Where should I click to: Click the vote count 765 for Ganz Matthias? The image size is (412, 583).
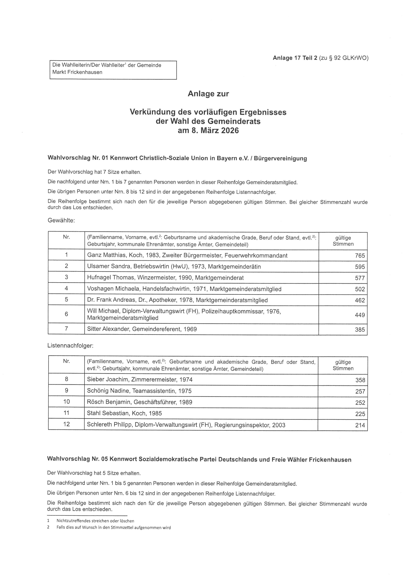(x=360, y=256)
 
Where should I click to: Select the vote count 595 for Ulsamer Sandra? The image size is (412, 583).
(x=360, y=267)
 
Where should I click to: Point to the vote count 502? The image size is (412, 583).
(x=360, y=289)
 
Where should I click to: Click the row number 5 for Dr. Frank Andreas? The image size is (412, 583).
(x=66, y=300)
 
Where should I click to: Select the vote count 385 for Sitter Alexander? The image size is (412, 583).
(x=360, y=330)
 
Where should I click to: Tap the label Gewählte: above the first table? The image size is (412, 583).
(x=61, y=220)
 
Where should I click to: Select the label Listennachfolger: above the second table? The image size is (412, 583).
(x=70, y=346)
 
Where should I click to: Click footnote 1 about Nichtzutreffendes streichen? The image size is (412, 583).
(x=95, y=521)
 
